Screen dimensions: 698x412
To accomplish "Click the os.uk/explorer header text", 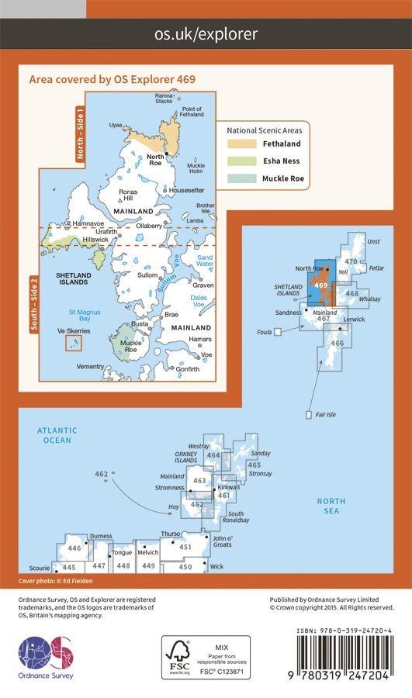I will pyautogui.click(x=206, y=34).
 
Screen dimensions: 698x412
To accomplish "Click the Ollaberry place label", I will pyautogui.click(x=149, y=226).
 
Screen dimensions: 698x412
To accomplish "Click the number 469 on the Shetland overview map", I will pyautogui.click(x=322, y=285).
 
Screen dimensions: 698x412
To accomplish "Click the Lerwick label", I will pyautogui.click(x=353, y=319).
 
